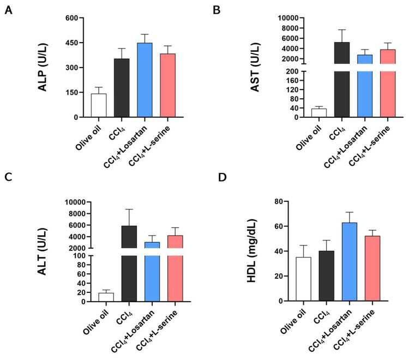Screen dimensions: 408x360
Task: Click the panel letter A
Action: tap(8, 10)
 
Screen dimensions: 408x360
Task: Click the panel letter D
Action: tap(222, 177)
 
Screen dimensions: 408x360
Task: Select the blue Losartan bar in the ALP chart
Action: tap(145, 80)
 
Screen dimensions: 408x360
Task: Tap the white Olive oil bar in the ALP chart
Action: tap(99, 105)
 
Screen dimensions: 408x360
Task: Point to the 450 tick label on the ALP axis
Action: tap(72, 43)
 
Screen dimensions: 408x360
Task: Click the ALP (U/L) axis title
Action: tap(43, 68)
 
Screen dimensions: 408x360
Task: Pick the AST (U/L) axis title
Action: tap(255, 68)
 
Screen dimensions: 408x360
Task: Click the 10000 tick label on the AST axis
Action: tap(288, 18)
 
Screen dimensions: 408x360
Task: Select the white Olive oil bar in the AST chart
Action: tap(319, 113)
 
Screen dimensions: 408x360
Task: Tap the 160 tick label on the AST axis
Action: tap(292, 80)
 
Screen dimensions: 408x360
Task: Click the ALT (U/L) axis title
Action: tap(42, 251)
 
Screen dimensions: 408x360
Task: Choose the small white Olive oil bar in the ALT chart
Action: tap(106, 297)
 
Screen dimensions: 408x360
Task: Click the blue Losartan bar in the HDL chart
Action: tap(350, 262)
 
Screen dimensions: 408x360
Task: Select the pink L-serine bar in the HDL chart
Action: tap(373, 268)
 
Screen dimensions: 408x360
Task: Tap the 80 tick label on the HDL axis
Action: tap(279, 201)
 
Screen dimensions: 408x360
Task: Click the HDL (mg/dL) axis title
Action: tap(251, 251)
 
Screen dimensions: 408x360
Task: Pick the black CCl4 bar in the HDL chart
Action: tap(327, 276)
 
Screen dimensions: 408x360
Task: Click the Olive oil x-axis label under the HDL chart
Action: tap(293, 321)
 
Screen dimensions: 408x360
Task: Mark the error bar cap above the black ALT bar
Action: tap(129, 209)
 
